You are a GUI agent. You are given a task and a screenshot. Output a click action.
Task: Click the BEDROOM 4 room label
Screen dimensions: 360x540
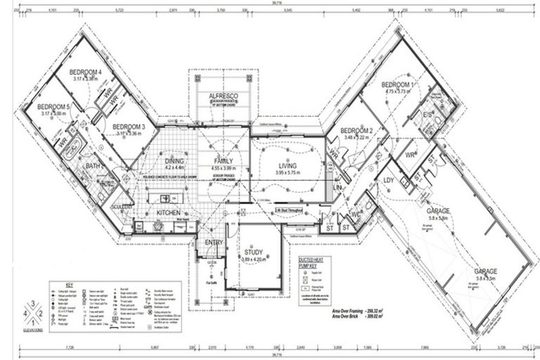[x=86, y=72]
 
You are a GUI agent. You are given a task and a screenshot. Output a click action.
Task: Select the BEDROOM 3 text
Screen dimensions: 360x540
[x=128, y=127]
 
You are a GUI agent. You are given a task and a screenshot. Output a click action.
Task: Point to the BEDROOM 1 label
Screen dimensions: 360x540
[x=399, y=84]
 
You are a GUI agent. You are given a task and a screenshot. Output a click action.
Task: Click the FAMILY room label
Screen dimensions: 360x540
[x=223, y=162]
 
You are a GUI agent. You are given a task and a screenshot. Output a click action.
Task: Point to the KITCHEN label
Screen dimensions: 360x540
[x=168, y=212]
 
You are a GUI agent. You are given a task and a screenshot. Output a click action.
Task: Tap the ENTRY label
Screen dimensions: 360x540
[x=214, y=243]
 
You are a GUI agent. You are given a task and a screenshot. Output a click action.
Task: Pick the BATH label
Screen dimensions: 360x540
[x=94, y=167]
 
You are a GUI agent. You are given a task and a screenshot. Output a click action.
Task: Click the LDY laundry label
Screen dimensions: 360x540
[x=388, y=180]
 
